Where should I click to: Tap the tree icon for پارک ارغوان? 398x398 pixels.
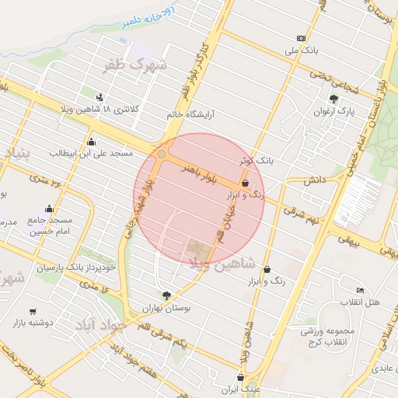334,99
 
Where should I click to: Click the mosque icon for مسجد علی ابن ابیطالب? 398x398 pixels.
92,141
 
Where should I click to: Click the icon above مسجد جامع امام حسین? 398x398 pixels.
51,208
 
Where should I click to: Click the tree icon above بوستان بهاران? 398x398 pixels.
166,295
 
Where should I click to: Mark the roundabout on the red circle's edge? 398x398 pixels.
162,155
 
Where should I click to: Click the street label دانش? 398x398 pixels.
313,180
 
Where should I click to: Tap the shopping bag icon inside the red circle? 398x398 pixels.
246,183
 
